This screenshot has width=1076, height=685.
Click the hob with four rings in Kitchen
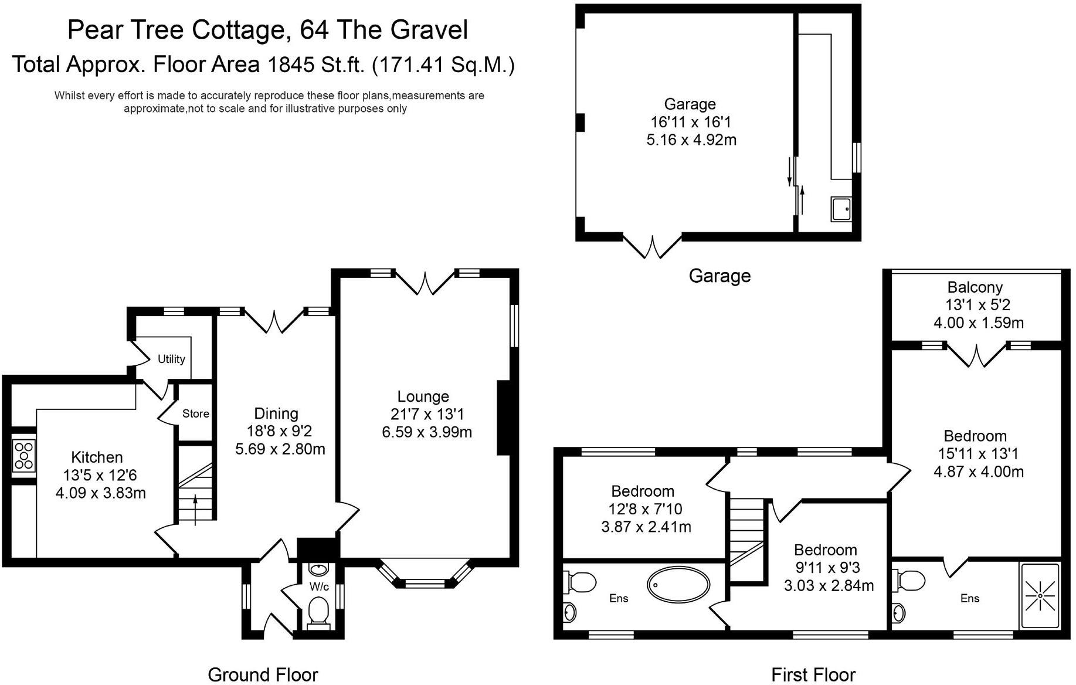pyautogui.click(x=24, y=455)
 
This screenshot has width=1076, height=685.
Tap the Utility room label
pyautogui.click(x=171, y=359)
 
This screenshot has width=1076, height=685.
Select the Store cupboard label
pyautogui.click(x=195, y=413)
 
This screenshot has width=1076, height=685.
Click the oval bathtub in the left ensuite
pyautogui.click(x=678, y=584)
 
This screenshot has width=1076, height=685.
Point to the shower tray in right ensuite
pyautogui.click(x=1040, y=595)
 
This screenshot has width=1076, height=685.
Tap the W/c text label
pyautogui.click(x=320, y=586)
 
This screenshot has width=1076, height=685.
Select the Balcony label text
pyautogui.click(x=975, y=287)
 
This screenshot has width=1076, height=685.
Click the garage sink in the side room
pyautogui.click(x=841, y=209)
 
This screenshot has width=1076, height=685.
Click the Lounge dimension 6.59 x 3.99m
pyautogui.click(x=426, y=432)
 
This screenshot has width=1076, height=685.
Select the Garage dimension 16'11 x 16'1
pyautogui.click(x=691, y=122)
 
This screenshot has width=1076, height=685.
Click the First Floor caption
pyautogui.click(x=813, y=674)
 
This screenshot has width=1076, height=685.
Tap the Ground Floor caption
pyautogui.click(x=263, y=674)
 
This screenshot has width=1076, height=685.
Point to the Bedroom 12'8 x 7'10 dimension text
pyautogui.click(x=645, y=509)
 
